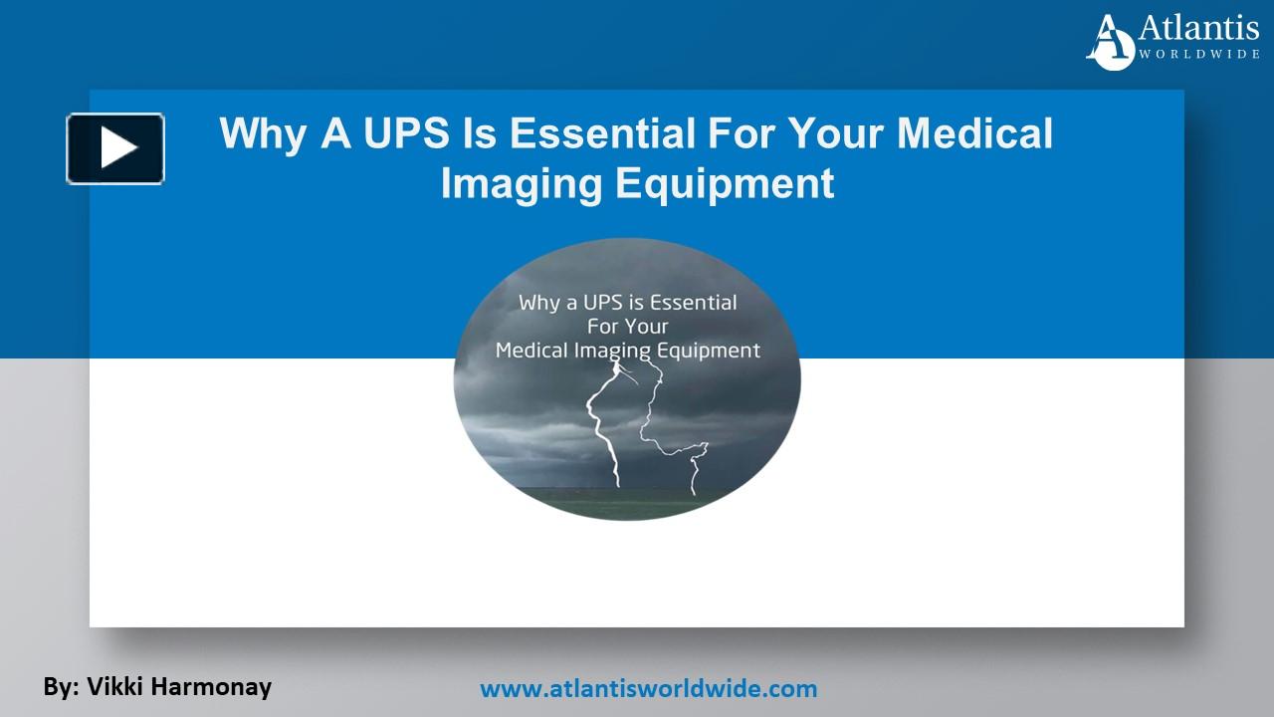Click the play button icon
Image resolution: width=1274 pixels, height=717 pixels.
(x=115, y=149)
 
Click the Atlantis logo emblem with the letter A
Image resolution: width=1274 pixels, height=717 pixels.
(x=1110, y=42)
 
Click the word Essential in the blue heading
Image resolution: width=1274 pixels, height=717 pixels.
(x=617, y=133)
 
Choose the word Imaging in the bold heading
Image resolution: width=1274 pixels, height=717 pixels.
(x=521, y=183)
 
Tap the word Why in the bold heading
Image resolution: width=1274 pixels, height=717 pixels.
(x=262, y=133)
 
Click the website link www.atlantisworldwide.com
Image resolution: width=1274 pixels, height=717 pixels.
(x=648, y=688)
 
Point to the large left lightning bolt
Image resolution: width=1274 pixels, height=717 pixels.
(x=603, y=428)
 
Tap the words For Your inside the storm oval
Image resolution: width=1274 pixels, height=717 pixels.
(x=627, y=327)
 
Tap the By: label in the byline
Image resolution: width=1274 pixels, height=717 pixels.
(x=60, y=686)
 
